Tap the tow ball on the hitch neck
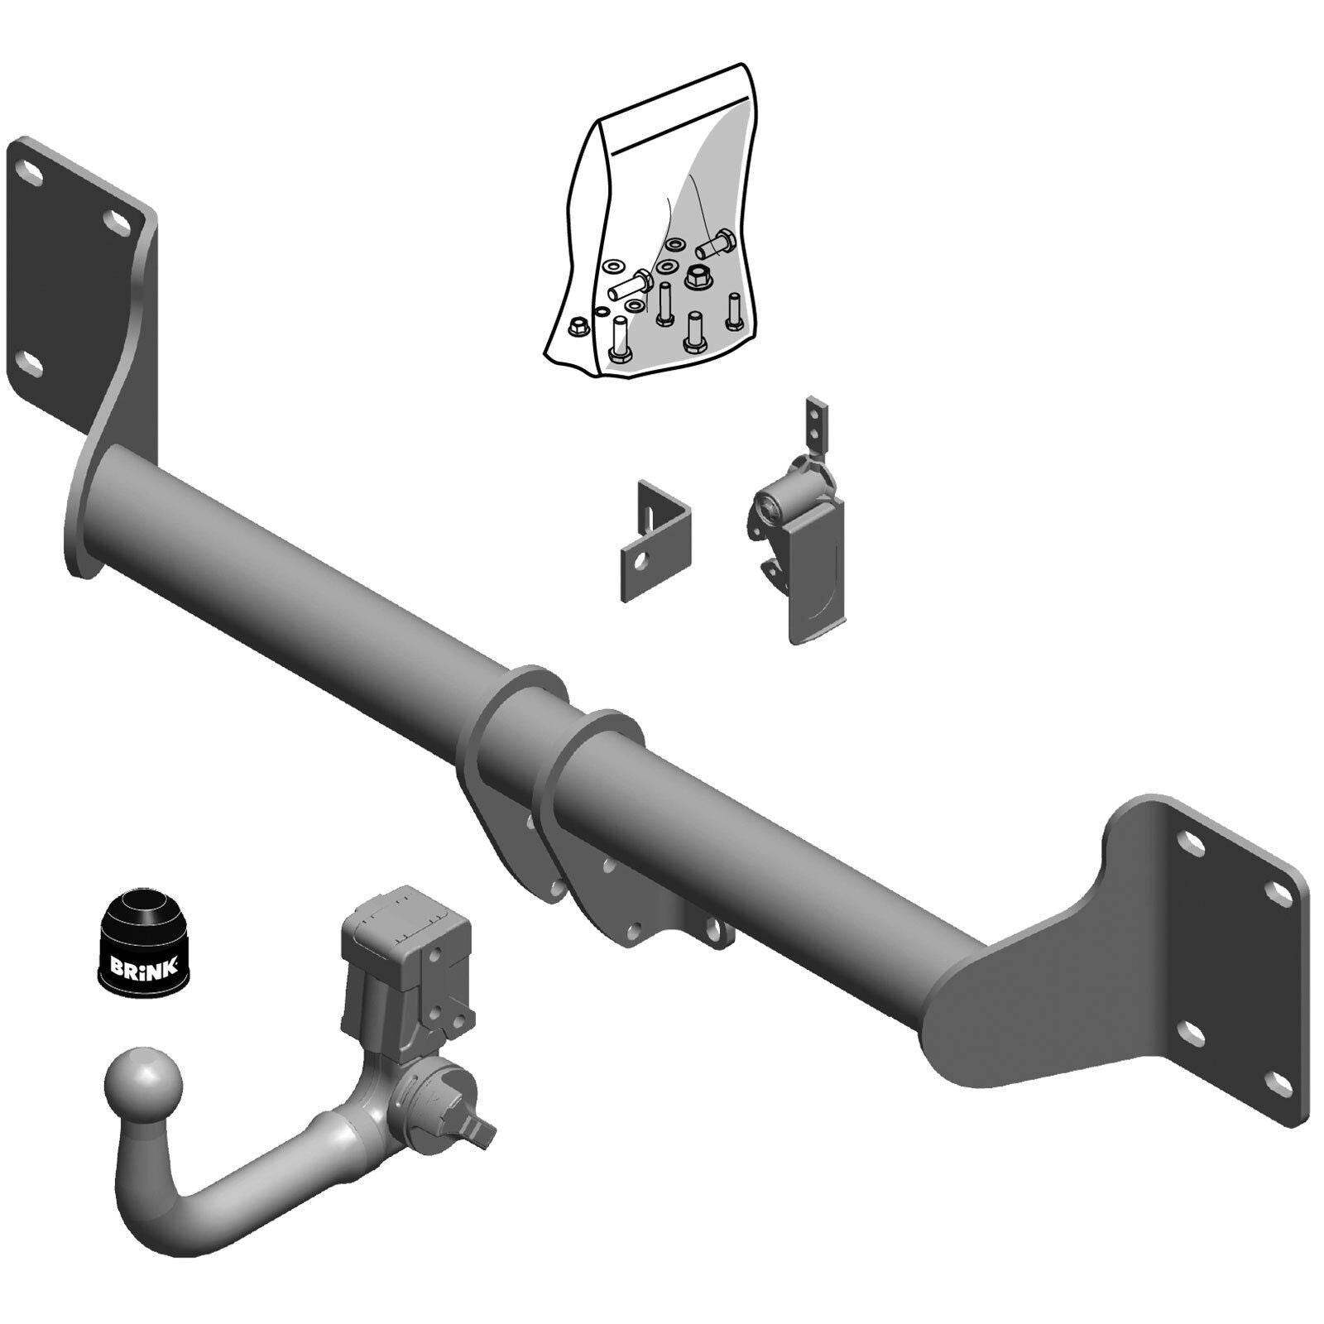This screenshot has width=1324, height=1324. [x=142, y=1083]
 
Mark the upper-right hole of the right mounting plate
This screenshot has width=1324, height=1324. [x=1279, y=889]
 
